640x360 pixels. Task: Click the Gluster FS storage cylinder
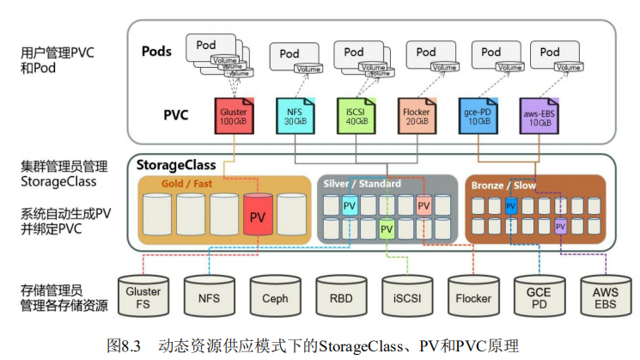coord(143,296)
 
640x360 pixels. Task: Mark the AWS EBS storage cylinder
coord(605,296)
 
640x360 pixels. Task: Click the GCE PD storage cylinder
coord(539,296)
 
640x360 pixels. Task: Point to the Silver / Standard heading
coord(363,184)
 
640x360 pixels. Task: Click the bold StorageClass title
coord(177,163)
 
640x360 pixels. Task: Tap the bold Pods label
coord(156,52)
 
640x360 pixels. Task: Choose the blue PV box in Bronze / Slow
coord(511,206)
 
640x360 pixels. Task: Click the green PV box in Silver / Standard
coord(387,229)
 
